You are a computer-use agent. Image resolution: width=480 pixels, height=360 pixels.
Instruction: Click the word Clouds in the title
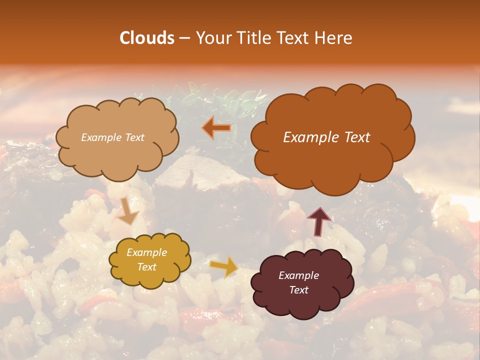point(147,38)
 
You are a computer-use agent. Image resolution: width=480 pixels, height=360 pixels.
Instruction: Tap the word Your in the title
point(213,38)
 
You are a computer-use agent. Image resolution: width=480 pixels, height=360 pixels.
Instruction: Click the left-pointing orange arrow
point(216,128)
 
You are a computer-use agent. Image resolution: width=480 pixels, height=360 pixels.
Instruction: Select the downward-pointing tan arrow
point(127,211)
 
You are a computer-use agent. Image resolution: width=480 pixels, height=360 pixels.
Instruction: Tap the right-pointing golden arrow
point(223,266)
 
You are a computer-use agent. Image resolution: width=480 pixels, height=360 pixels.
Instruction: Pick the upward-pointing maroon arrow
point(319,221)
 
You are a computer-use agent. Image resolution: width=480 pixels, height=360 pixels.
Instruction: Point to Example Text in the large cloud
point(326,137)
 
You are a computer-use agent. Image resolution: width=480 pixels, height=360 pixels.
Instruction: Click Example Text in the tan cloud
point(112,137)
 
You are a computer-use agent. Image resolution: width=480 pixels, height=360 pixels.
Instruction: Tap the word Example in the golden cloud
point(146,252)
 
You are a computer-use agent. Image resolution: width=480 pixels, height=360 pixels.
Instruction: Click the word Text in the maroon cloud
point(298,290)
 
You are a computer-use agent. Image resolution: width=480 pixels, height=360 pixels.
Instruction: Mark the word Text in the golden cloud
point(146,267)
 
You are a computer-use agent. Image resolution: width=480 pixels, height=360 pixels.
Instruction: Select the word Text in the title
point(294,38)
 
